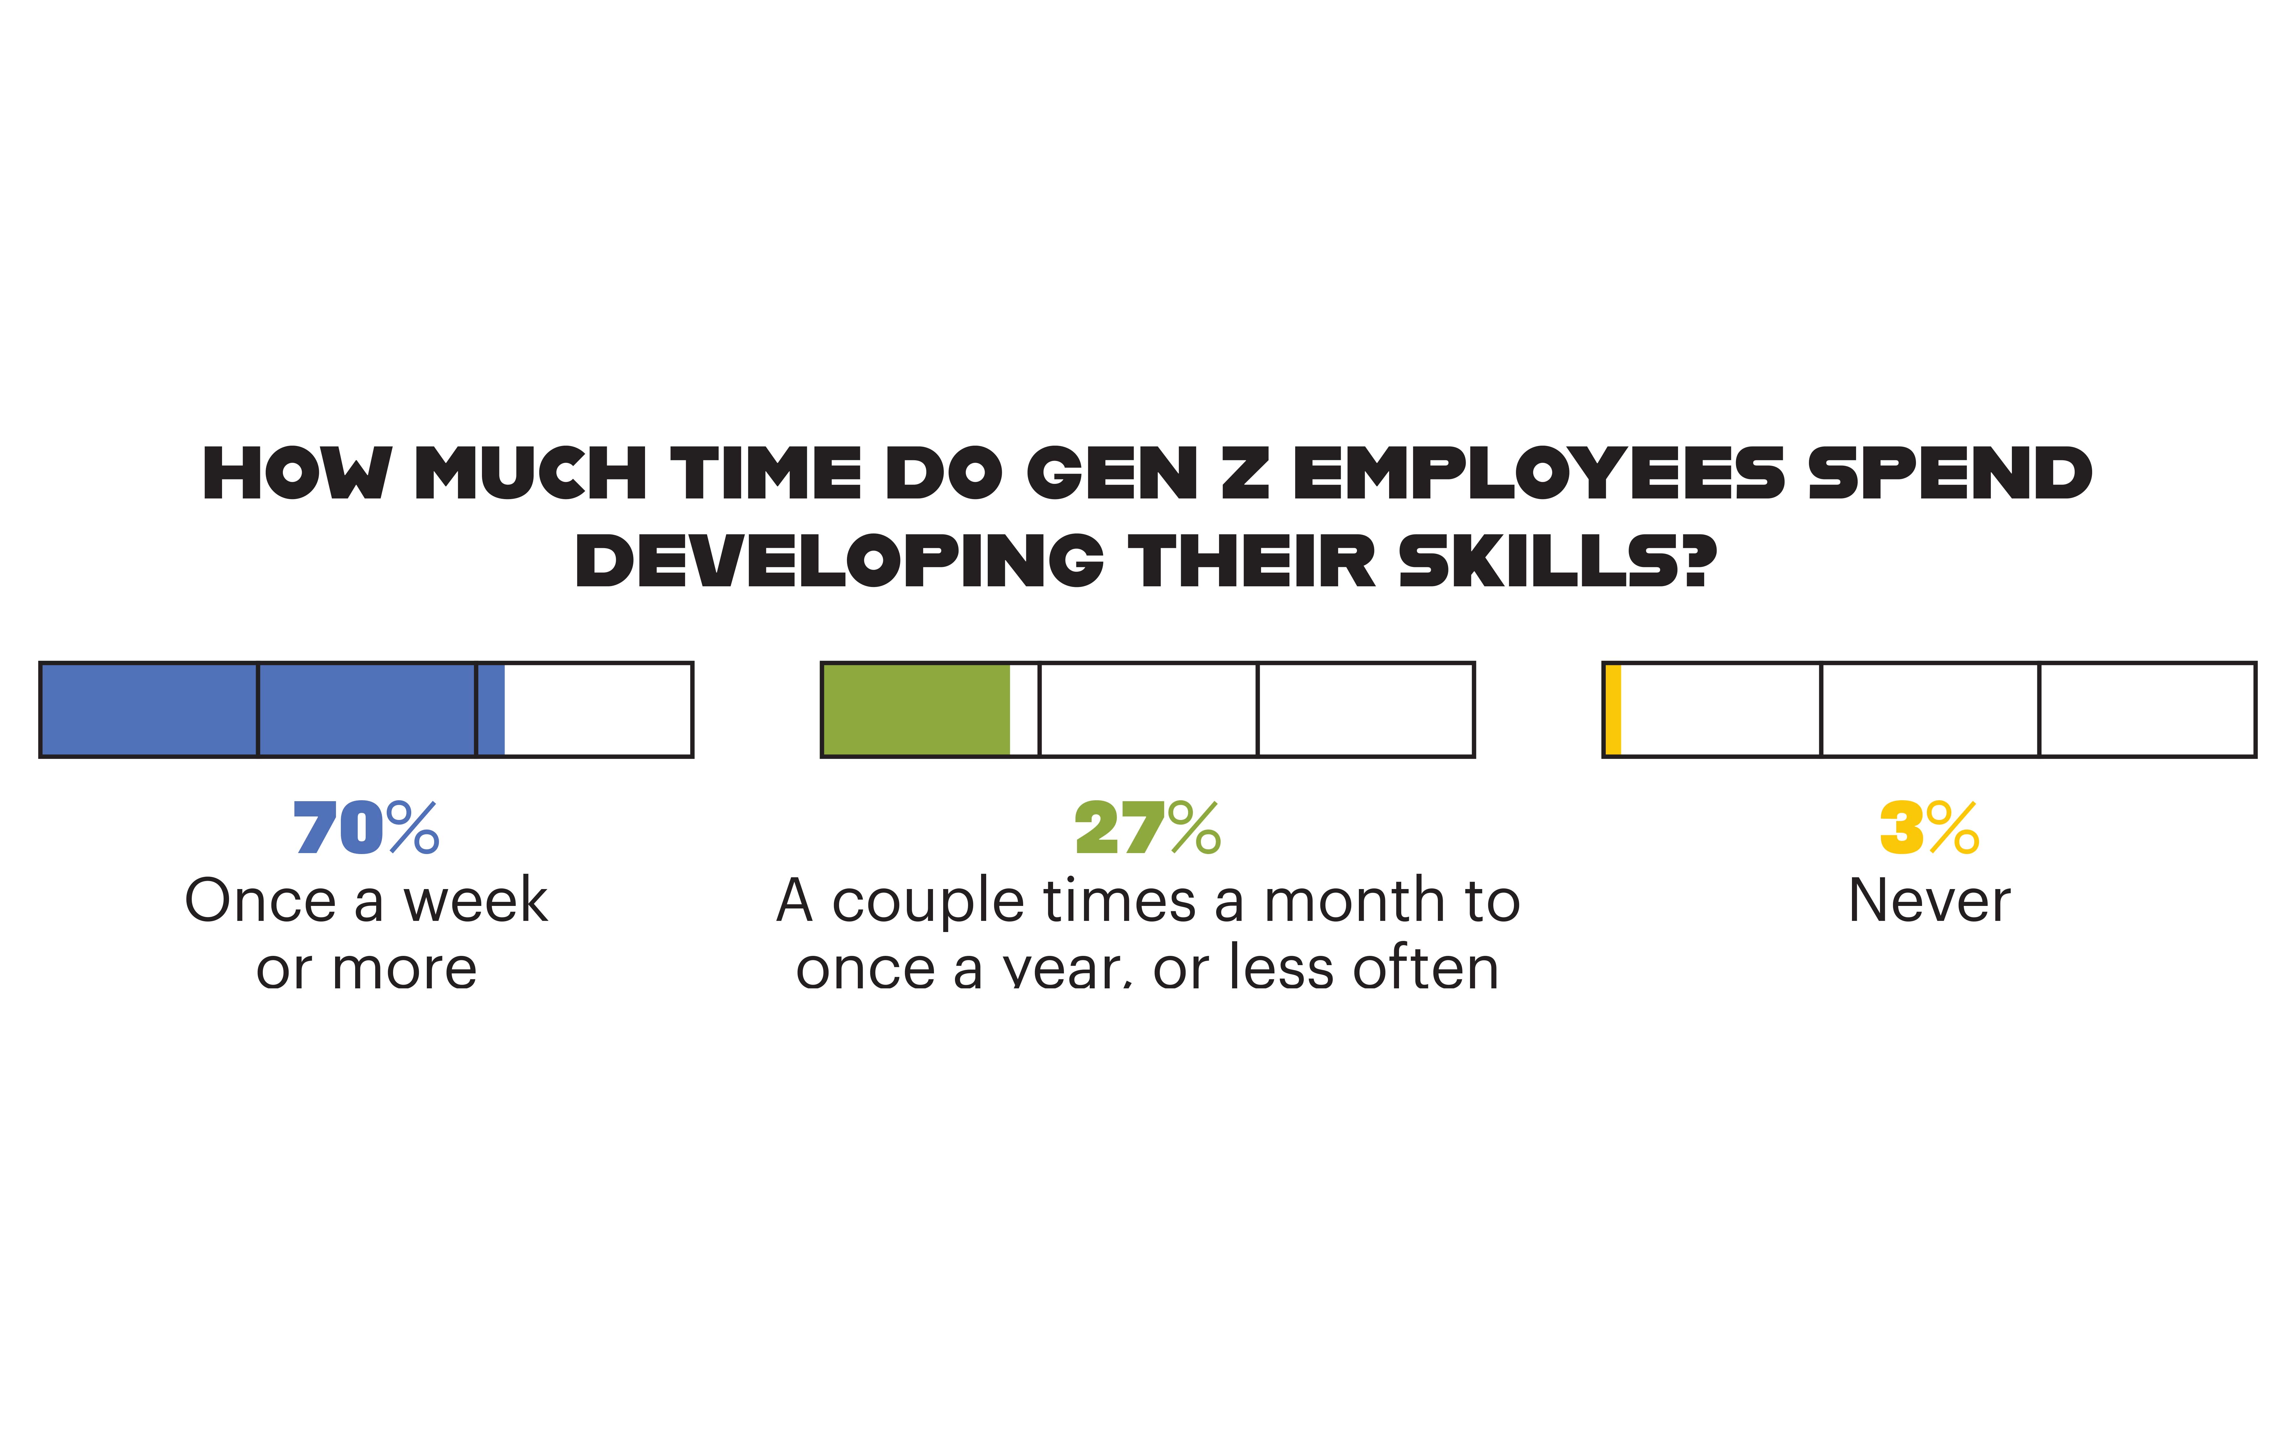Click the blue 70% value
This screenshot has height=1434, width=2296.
(366, 828)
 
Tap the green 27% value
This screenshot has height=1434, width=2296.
(1147, 828)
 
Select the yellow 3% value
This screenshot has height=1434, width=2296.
(1929, 828)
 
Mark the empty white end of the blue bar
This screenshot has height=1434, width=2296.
(598, 710)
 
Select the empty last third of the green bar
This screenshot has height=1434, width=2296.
(1365, 710)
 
